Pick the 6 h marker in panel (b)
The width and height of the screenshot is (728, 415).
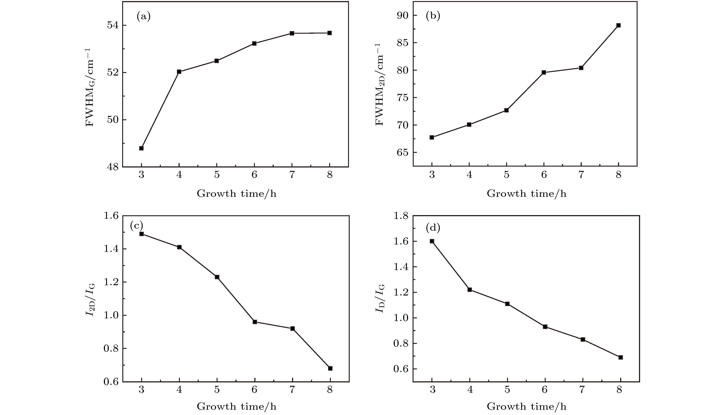click(544, 72)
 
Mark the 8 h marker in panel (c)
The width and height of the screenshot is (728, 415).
click(330, 368)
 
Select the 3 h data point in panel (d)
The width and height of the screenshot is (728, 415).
click(432, 241)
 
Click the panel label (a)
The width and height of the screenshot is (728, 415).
click(144, 16)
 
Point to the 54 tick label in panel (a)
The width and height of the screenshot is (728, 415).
click(113, 25)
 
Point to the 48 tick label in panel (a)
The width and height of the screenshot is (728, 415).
click(113, 167)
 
